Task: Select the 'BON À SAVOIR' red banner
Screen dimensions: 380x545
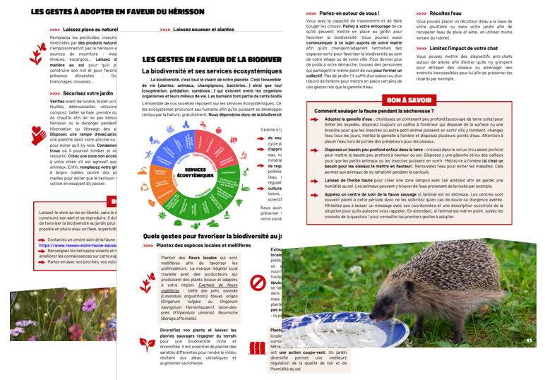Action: coord(409,100)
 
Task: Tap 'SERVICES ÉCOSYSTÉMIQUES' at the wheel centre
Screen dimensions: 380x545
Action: coord(191,172)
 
